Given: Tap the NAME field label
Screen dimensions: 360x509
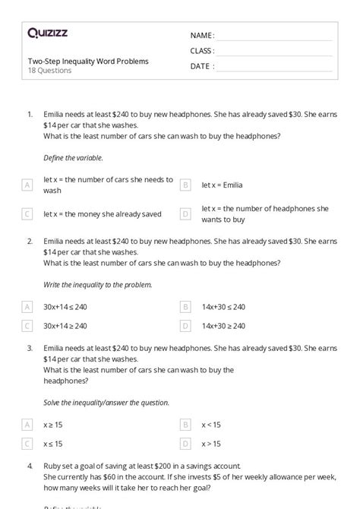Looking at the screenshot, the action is (x=202, y=36).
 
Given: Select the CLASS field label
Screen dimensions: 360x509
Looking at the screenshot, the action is (x=202, y=51).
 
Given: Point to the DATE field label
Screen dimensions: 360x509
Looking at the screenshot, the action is (x=201, y=66).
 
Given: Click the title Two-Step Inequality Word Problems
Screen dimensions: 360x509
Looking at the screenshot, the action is (x=87, y=61).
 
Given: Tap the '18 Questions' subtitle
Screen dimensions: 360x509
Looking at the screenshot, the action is (x=49, y=71).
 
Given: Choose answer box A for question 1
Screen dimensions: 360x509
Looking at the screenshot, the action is (x=27, y=185).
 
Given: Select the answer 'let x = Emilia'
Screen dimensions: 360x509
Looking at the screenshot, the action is (x=226, y=185).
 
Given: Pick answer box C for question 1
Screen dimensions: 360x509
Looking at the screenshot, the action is (x=27, y=213).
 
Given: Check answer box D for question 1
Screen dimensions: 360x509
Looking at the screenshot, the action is (x=185, y=213).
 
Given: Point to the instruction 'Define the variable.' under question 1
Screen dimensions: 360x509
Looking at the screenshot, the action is (x=74, y=157).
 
